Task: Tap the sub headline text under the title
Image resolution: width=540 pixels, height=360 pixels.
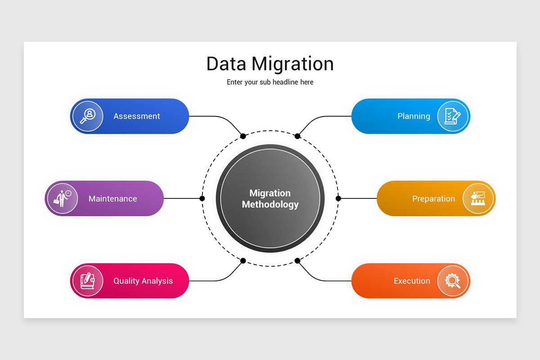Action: [x=270, y=82]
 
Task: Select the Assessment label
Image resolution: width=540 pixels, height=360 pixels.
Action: [x=137, y=116]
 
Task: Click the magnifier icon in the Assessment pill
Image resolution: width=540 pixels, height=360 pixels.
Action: [x=88, y=116]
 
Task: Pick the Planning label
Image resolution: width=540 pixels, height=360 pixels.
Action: [x=414, y=116]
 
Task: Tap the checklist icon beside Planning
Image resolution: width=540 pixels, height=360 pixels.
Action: [x=453, y=116]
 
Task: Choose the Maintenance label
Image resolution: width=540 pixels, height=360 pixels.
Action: [x=112, y=198]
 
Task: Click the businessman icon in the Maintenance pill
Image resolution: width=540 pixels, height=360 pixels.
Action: [x=62, y=198]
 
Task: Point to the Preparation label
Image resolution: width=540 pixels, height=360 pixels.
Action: [x=433, y=198]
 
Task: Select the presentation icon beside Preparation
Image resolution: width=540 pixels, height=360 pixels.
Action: [x=478, y=198]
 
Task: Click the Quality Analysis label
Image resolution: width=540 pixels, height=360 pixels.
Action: [x=143, y=281]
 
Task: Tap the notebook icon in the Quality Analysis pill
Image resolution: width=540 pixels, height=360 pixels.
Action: [x=88, y=281]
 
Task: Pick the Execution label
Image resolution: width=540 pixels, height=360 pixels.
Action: [x=412, y=281]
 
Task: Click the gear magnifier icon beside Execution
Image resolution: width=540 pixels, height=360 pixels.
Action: [x=453, y=281]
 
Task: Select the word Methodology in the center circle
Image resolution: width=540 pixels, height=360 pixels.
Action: [x=270, y=204]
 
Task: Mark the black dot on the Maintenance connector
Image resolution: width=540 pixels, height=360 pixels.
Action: [x=202, y=198]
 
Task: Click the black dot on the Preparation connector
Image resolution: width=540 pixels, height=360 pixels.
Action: [x=338, y=198]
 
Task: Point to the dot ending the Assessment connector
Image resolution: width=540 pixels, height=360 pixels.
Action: [x=243, y=136]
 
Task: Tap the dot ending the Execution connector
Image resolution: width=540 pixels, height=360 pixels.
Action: [x=297, y=261]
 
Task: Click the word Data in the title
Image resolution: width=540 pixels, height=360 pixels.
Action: [x=226, y=64]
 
